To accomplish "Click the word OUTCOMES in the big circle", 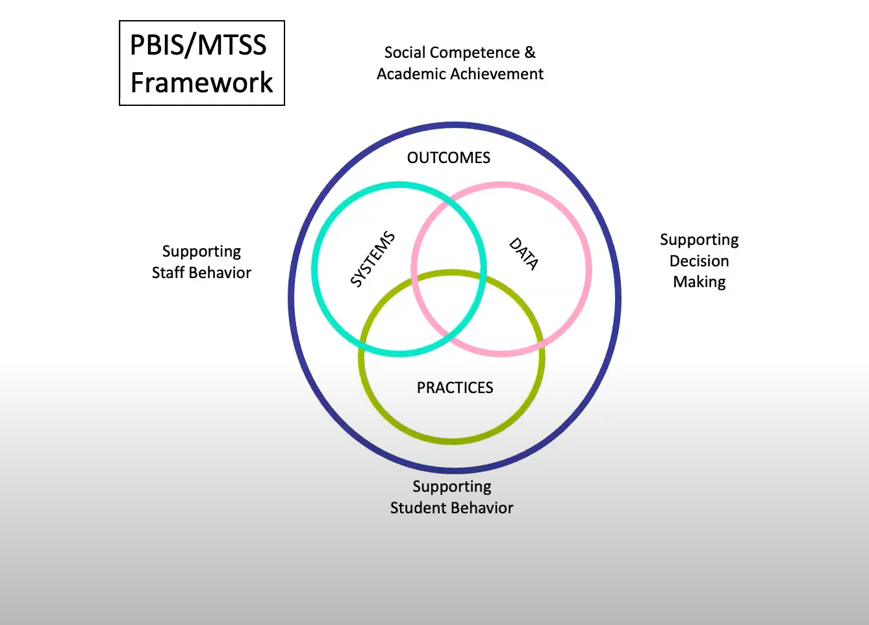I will [x=449, y=158].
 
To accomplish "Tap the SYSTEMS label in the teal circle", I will [x=373, y=259].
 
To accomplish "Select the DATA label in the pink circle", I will [x=523, y=253].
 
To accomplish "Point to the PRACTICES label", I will [x=455, y=388].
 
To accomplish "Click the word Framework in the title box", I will [x=201, y=83].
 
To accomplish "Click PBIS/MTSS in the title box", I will [x=198, y=45].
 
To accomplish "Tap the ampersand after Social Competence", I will [x=530, y=52].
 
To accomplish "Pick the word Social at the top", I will [x=406, y=53].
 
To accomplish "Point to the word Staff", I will [x=168, y=273].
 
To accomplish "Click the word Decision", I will [x=699, y=261].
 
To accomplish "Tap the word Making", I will [x=699, y=282].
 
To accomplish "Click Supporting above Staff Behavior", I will [x=201, y=252].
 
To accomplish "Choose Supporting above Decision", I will [x=699, y=240].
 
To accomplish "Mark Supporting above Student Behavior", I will [x=451, y=487].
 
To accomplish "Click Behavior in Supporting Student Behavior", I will [x=483, y=508].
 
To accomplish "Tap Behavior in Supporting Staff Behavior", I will [x=220, y=273].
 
